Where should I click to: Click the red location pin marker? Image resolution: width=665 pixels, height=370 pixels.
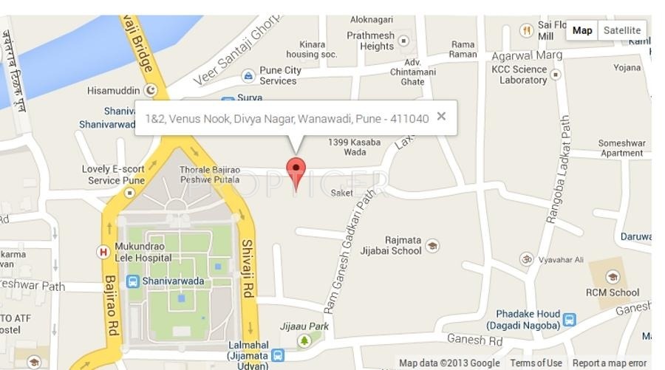pos(296,171)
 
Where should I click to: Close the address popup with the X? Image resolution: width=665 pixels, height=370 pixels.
pos(441,116)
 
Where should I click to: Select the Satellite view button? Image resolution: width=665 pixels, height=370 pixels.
pos(621,30)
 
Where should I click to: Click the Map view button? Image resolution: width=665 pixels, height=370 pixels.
pos(582,30)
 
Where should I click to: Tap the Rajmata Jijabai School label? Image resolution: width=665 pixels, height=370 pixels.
pos(403,245)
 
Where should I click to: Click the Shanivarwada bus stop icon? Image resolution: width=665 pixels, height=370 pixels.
pos(133,281)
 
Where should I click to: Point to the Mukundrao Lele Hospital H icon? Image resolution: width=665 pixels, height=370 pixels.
pos(103,252)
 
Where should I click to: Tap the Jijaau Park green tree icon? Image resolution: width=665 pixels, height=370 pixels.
pos(304,340)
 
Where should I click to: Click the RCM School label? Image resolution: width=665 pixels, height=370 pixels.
pos(613,292)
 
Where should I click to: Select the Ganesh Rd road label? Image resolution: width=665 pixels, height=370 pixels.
pos(474,340)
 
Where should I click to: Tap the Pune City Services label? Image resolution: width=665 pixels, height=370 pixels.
pos(280,75)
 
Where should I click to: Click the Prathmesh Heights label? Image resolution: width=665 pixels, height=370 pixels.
pos(370,41)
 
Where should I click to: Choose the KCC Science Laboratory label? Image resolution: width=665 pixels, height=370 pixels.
pos(519,75)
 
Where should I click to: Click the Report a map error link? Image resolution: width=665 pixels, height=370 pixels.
pos(609,363)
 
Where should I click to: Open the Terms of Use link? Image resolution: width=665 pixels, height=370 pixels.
pos(536,363)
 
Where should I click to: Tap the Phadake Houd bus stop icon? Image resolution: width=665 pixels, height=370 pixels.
pos(569,319)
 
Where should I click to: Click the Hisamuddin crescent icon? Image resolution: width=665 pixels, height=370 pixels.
pos(151,90)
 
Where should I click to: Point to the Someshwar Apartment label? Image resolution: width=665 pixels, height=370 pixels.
pos(621,148)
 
